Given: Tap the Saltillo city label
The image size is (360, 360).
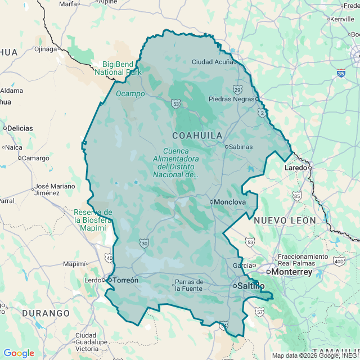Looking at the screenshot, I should [x=250, y=286].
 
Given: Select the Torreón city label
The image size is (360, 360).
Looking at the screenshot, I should [x=125, y=280].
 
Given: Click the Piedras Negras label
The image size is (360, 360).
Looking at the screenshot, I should [x=232, y=99].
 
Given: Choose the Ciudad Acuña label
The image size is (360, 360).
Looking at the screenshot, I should [x=212, y=62].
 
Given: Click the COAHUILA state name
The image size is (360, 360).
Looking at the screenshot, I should [x=197, y=136].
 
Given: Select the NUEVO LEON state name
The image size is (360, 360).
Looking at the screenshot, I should [x=285, y=220].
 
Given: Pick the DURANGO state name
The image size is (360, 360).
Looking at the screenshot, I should [x=46, y=313].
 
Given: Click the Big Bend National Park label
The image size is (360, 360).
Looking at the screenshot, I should [x=118, y=68].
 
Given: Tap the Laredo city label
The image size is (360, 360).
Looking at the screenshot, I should [x=295, y=168].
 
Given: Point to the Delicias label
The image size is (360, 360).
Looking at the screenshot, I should [x=20, y=128].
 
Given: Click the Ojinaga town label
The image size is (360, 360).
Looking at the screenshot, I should [x=46, y=49].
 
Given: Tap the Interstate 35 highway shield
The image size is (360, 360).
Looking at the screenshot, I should [x=341, y=73].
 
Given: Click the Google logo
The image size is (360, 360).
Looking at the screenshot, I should [x=19, y=353].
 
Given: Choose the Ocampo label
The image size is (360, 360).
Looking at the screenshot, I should [x=130, y=93].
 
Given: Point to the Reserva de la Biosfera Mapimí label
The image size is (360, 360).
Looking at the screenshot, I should [x=93, y=220].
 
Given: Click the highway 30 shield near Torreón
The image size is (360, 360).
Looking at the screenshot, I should [x=145, y=243].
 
